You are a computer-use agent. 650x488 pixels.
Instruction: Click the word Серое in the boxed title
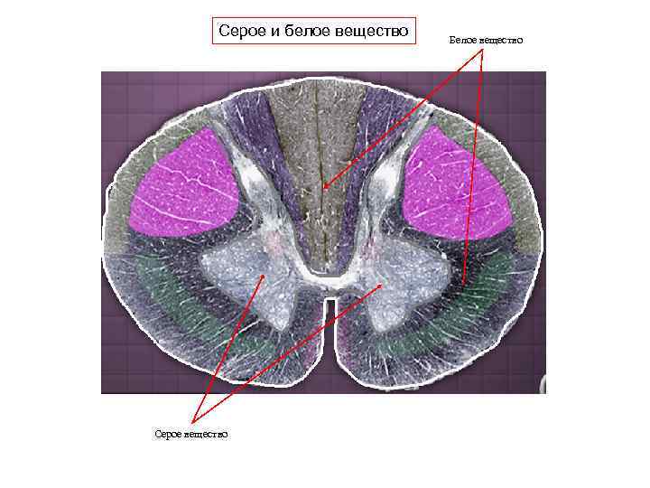243,32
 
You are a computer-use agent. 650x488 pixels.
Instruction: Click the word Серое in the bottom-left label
169,435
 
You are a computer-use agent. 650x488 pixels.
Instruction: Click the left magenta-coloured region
185,185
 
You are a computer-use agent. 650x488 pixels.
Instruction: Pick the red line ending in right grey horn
289,352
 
